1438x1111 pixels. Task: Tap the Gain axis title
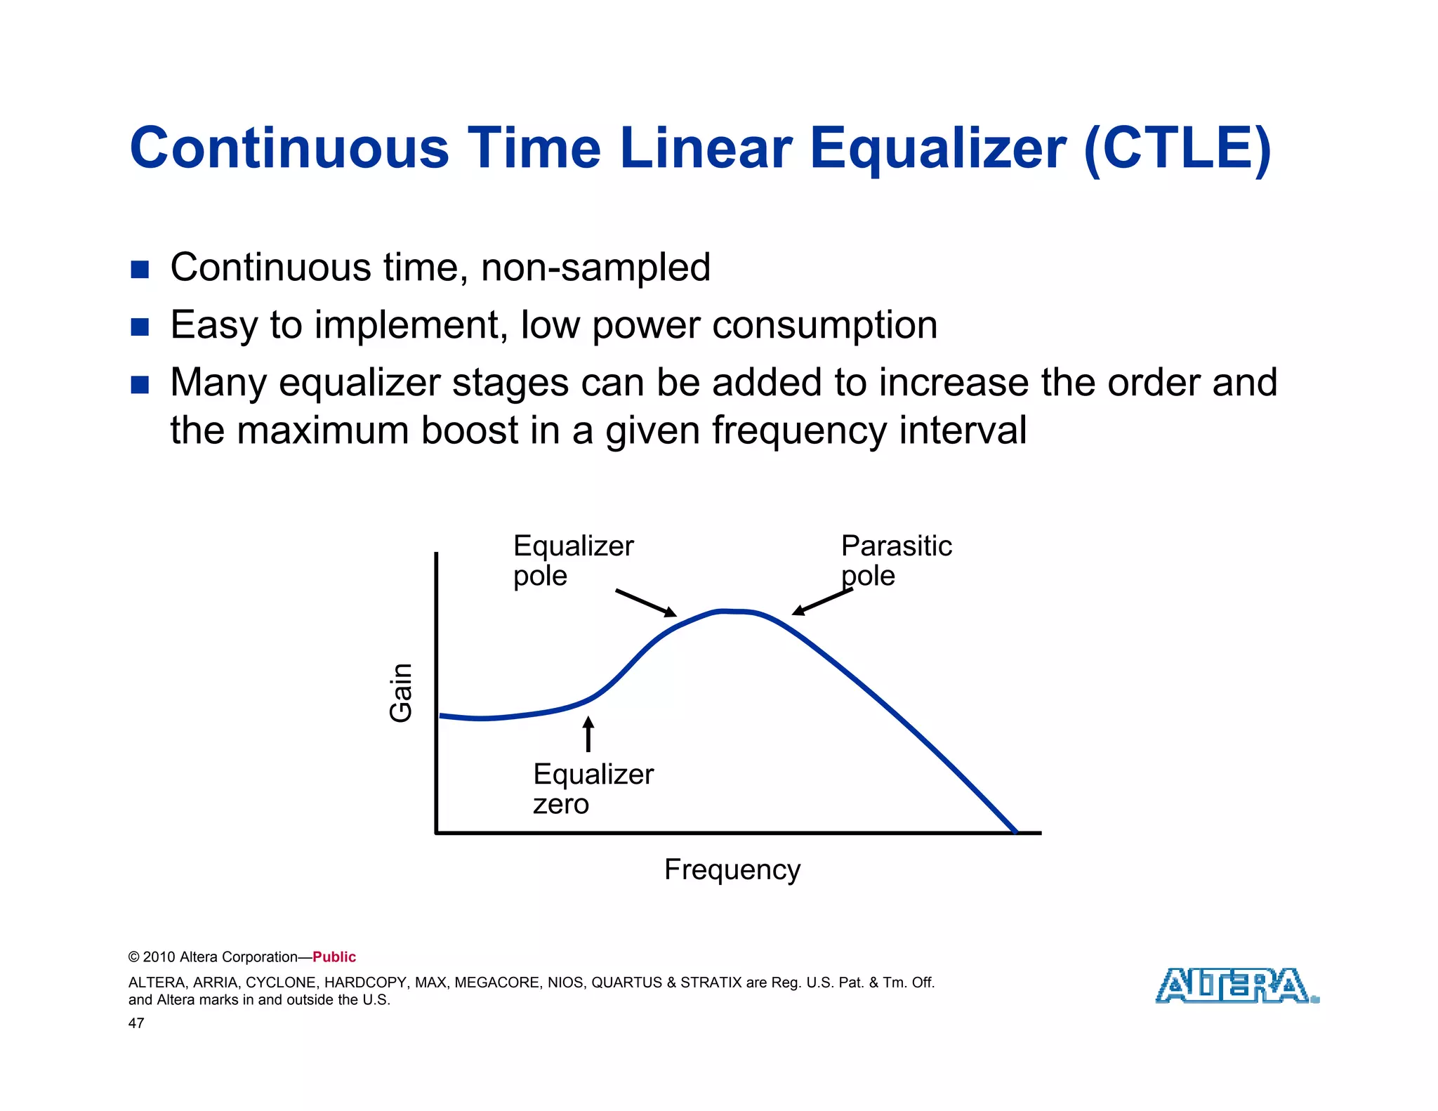tap(401, 692)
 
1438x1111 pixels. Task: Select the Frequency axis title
tap(732, 869)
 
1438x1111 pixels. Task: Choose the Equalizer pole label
tap(572, 560)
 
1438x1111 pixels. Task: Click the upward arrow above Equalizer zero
tap(588, 734)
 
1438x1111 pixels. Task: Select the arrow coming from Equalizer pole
tap(645, 603)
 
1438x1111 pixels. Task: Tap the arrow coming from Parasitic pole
tap(822, 601)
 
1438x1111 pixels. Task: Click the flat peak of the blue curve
tap(734, 612)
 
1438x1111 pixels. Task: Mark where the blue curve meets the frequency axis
tap(1015, 831)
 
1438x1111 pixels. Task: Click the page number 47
tap(136, 1023)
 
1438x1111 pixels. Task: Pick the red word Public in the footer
tap(334, 956)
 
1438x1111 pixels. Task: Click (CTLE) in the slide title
tap(1178, 149)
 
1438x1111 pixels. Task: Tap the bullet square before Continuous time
tap(140, 270)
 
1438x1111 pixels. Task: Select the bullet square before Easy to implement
tap(140, 327)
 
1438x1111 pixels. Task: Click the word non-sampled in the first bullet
tap(595, 268)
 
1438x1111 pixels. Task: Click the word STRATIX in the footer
tap(711, 982)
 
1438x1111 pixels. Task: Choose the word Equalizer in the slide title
tap(938, 149)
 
